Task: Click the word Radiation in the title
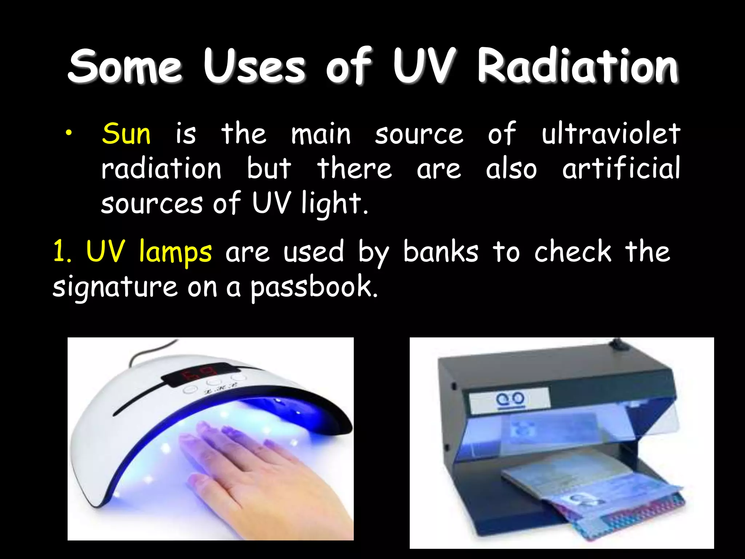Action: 578,66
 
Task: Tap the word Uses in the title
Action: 254,66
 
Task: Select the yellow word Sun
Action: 126,134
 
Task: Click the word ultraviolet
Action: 610,134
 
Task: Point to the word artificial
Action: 621,168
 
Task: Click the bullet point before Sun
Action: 69,134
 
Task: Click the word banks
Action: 441,252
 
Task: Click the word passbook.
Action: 314,287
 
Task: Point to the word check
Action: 573,252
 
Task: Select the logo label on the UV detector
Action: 509,400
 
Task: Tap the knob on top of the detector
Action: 617,344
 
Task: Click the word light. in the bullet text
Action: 334,203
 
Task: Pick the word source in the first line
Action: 419,134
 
